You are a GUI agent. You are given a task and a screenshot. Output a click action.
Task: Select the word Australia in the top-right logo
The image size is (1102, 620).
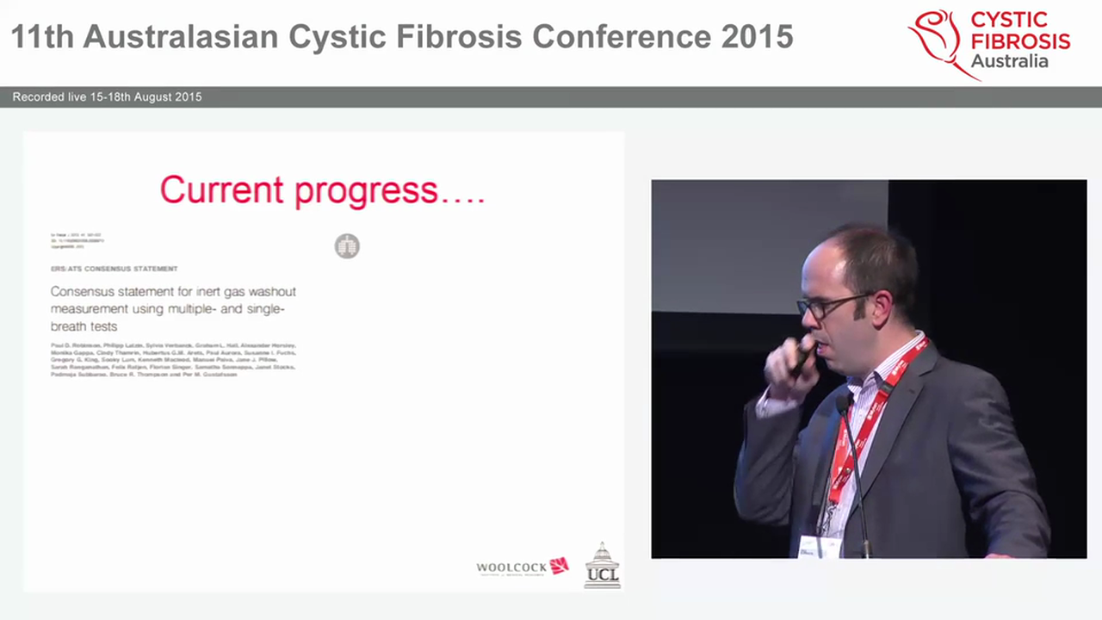1009,61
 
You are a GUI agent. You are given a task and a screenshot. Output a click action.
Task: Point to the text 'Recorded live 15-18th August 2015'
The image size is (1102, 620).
107,97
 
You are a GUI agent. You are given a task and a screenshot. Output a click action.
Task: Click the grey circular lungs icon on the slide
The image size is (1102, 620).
347,246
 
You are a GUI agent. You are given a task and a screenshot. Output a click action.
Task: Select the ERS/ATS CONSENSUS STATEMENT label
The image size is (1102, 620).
115,269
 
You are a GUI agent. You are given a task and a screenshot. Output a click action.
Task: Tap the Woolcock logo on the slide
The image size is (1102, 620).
523,567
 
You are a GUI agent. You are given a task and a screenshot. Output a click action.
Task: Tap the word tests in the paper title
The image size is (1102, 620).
101,326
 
